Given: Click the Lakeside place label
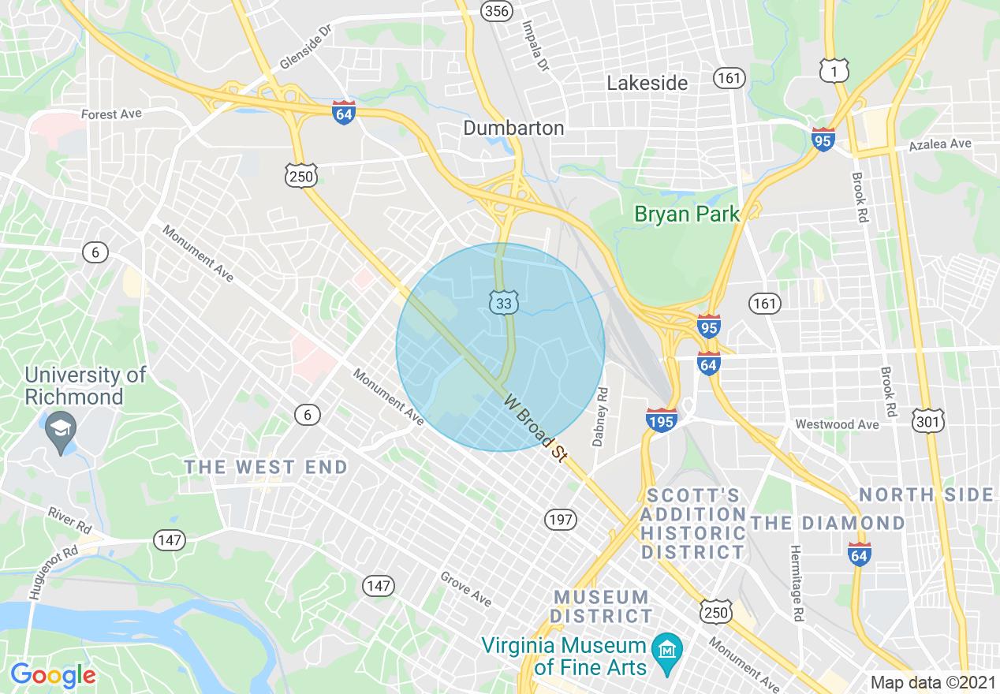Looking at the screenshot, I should tap(647, 83).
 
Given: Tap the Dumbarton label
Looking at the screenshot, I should tap(513, 128).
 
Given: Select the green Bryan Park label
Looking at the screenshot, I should tap(688, 214).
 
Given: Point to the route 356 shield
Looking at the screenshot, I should tap(497, 10).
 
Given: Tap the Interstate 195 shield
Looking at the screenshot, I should tap(661, 421).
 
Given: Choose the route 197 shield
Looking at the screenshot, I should tap(560, 520).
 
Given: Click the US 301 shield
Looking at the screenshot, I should tap(927, 423).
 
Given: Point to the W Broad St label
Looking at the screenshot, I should tap(536, 428).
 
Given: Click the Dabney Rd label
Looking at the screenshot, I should tap(600, 416).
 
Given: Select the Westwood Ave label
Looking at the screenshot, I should tap(837, 424).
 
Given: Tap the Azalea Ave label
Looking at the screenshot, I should tap(940, 144).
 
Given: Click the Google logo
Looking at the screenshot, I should tap(53, 675).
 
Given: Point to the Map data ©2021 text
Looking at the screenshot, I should tap(933, 682).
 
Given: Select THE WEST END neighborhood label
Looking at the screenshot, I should tap(266, 468).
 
